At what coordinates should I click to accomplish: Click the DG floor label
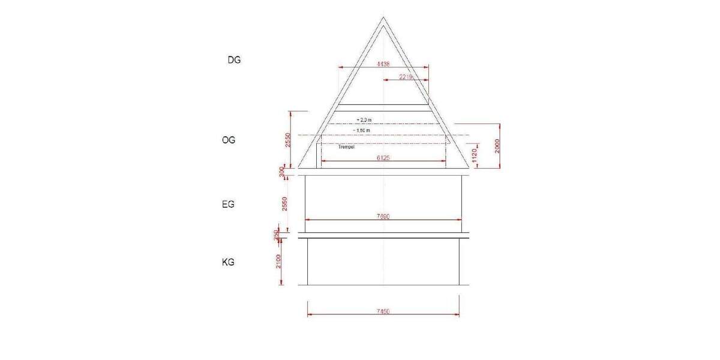(x=234, y=60)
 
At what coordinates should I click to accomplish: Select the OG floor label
(x=229, y=140)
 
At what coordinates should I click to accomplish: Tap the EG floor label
(x=228, y=204)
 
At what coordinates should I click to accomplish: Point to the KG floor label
(x=228, y=262)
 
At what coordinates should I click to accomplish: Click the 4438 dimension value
(x=383, y=64)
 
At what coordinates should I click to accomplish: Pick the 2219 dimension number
(x=406, y=77)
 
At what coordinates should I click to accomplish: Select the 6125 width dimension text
(x=383, y=158)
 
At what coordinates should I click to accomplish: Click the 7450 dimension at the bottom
(x=383, y=311)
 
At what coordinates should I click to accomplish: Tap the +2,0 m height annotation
(x=363, y=120)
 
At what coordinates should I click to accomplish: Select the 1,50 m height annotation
(x=362, y=130)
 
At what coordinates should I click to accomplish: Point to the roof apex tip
(x=384, y=16)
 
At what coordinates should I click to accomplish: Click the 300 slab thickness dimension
(x=281, y=172)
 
